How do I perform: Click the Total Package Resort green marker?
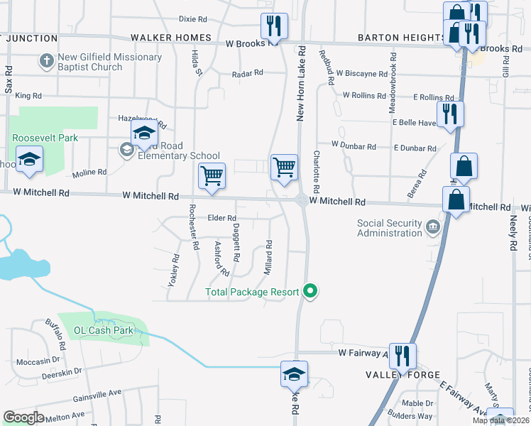[x=310, y=291]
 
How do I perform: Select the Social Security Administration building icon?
[x=433, y=228]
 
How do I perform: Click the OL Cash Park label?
[x=104, y=330]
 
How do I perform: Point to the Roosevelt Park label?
[x=44, y=138]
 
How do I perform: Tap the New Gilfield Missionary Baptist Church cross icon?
[x=47, y=61]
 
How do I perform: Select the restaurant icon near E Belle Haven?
[x=449, y=114]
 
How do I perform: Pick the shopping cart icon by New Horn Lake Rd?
[x=284, y=168]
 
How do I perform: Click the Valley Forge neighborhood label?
[x=403, y=374]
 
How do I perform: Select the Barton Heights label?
[x=401, y=38]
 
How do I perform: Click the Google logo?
[x=23, y=417]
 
